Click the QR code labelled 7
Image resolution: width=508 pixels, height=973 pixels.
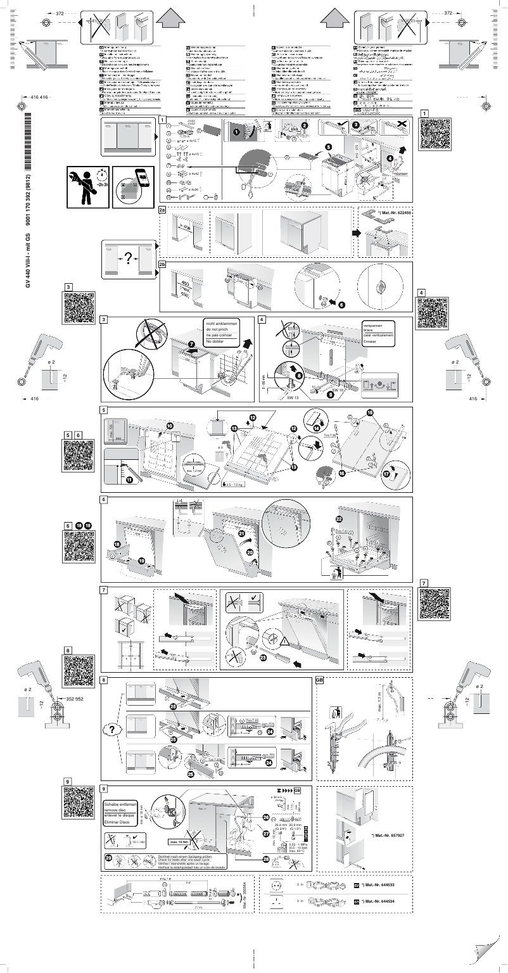(x=435, y=604)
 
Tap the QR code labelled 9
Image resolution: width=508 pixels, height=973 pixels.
(x=79, y=802)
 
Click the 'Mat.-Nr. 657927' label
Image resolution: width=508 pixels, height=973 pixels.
(x=388, y=836)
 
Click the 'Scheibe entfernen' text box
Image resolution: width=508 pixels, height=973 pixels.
(x=119, y=805)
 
